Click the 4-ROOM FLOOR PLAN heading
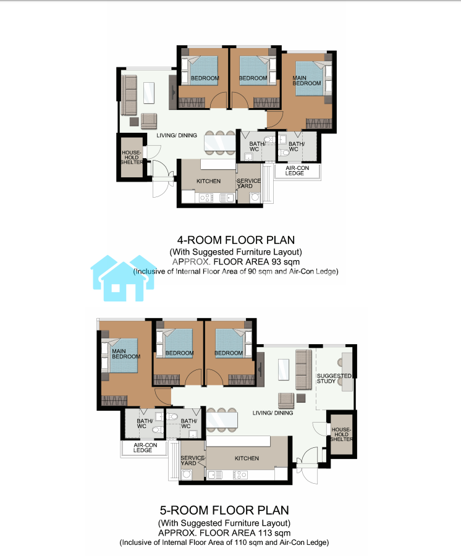tap(236, 240)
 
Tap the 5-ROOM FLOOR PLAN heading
tap(224, 510)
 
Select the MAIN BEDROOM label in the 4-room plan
tap(307, 80)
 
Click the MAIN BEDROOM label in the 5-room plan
tap(126, 354)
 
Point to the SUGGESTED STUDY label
tap(334, 378)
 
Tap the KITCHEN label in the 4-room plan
tap(208, 181)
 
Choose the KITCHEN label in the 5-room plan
tap(247, 458)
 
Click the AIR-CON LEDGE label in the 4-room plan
tap(297, 171)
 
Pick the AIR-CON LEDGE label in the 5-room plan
tap(145, 447)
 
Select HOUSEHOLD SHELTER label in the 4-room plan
tap(132, 158)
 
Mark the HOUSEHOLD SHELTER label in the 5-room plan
tap(342, 434)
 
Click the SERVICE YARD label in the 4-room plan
tap(248, 183)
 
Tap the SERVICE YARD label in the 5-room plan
tap(193, 461)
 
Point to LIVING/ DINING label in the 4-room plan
tap(177, 135)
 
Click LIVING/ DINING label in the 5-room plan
tap(273, 413)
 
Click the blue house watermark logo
tap(123, 279)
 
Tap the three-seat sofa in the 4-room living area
tap(129, 95)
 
